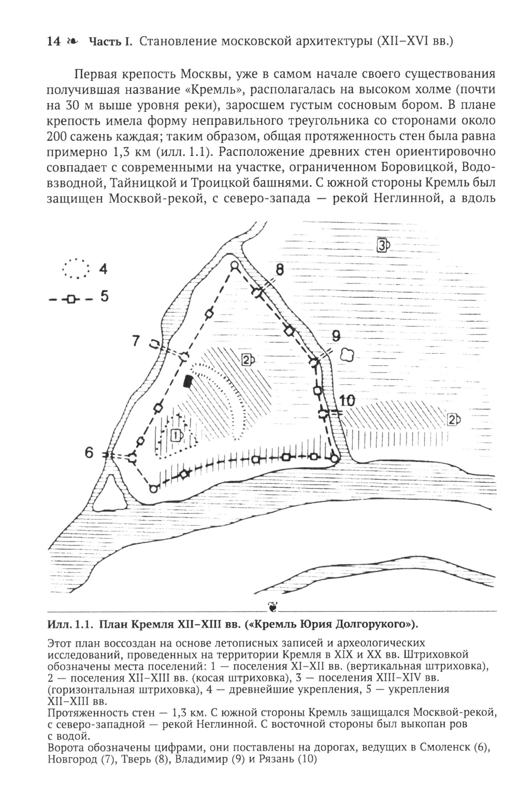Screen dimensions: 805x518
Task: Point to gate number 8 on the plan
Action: pos(279,270)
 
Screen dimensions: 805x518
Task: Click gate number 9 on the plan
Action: pos(336,336)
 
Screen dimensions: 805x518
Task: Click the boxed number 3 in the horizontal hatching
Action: pos(382,245)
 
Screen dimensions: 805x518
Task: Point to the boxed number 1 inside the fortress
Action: pos(176,435)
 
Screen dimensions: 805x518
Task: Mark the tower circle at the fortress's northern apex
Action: pos(234,266)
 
